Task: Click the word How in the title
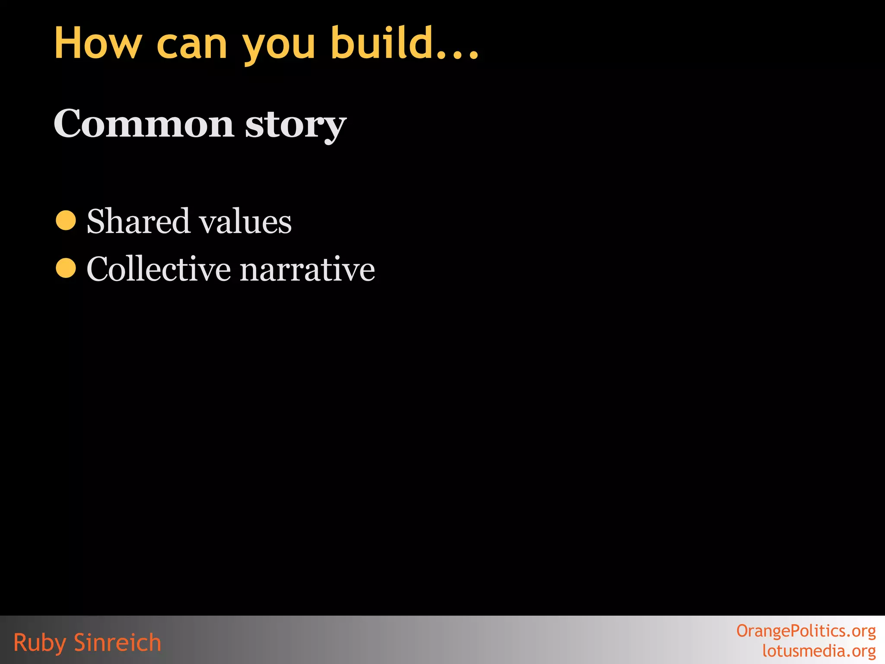pos(98,43)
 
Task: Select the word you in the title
pos(279,47)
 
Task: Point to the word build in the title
pos(382,42)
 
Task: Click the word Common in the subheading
pos(144,124)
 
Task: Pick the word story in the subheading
pos(296,125)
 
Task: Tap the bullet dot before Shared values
pos(66,220)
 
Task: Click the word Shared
pos(138,221)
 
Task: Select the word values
pos(245,221)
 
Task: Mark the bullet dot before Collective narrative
pos(66,268)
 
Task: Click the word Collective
pos(159,269)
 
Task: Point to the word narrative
pos(307,270)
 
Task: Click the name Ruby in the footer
pos(39,643)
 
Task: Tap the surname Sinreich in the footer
pos(118,642)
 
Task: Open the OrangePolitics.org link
pos(806,631)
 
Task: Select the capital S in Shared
pos(97,221)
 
